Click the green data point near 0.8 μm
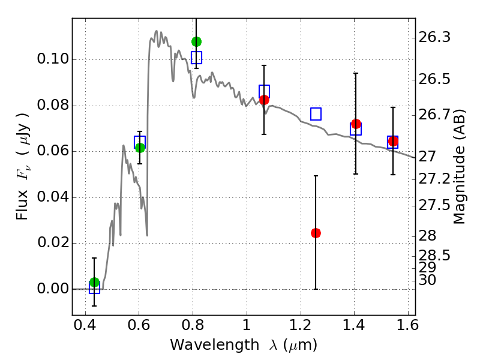click(x=196, y=41)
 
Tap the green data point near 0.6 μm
click(x=140, y=148)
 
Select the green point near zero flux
click(x=94, y=283)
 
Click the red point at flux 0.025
click(x=316, y=233)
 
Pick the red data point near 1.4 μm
click(x=356, y=124)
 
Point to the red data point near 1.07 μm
click(x=264, y=100)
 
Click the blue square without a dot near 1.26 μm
click(x=316, y=114)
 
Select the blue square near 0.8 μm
click(x=196, y=58)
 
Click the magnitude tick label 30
click(x=430, y=280)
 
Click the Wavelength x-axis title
click(x=243, y=346)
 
